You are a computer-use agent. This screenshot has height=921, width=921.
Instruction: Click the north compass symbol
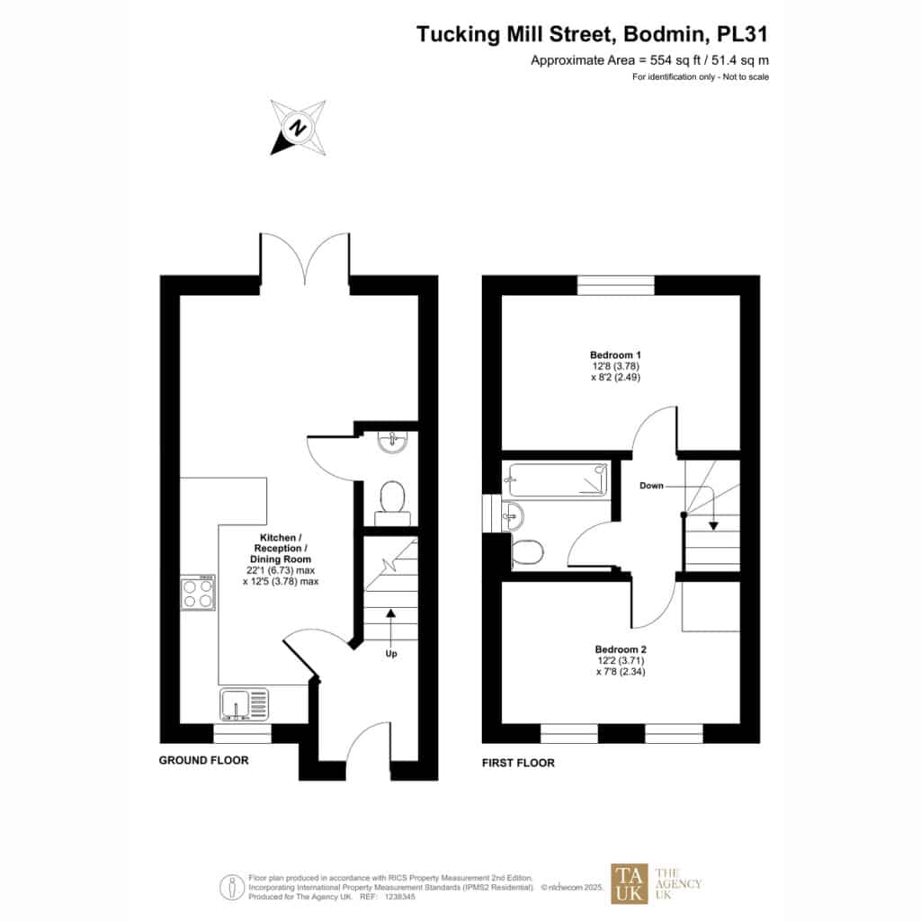click(x=298, y=127)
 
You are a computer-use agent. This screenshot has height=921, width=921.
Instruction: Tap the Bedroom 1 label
click(x=615, y=354)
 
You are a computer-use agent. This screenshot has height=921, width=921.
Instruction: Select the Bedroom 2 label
click(x=621, y=648)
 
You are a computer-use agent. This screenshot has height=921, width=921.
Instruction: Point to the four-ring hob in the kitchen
click(x=198, y=591)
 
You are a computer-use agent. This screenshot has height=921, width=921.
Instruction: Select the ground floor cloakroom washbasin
click(x=394, y=441)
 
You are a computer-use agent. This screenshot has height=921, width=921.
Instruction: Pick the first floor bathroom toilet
click(x=528, y=552)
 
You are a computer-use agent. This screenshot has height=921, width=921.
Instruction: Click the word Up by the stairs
click(x=390, y=654)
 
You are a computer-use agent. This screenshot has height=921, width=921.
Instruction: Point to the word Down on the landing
click(x=652, y=486)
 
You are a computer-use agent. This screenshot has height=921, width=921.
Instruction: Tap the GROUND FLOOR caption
click(x=203, y=760)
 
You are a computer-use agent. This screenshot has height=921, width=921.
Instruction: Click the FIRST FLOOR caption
click(x=518, y=763)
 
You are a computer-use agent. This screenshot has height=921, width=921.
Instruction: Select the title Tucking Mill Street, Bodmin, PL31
click(x=593, y=34)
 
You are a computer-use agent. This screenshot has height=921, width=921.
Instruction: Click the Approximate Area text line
click(x=649, y=60)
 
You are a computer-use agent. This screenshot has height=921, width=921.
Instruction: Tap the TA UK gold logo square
click(x=629, y=883)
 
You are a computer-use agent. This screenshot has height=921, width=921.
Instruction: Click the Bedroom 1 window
click(x=616, y=285)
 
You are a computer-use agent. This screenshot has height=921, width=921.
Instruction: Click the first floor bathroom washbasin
click(x=513, y=514)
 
